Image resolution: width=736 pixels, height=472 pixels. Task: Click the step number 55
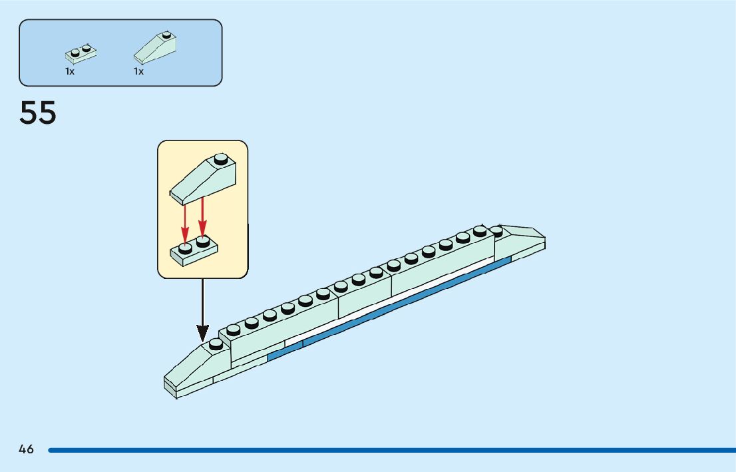coord(38,113)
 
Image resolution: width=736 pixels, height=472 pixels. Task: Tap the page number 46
coord(26,449)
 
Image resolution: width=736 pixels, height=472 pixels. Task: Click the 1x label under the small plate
coord(70,71)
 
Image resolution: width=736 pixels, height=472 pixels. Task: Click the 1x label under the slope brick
coord(138,71)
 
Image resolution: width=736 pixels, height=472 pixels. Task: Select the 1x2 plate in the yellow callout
coord(194,253)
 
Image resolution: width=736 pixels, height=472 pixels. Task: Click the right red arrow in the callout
coord(202,217)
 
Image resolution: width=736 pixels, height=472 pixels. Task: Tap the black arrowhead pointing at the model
coord(203,332)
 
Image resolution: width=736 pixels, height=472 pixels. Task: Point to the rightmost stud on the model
coord(497,229)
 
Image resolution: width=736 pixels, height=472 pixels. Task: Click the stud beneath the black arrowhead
coord(216,344)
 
